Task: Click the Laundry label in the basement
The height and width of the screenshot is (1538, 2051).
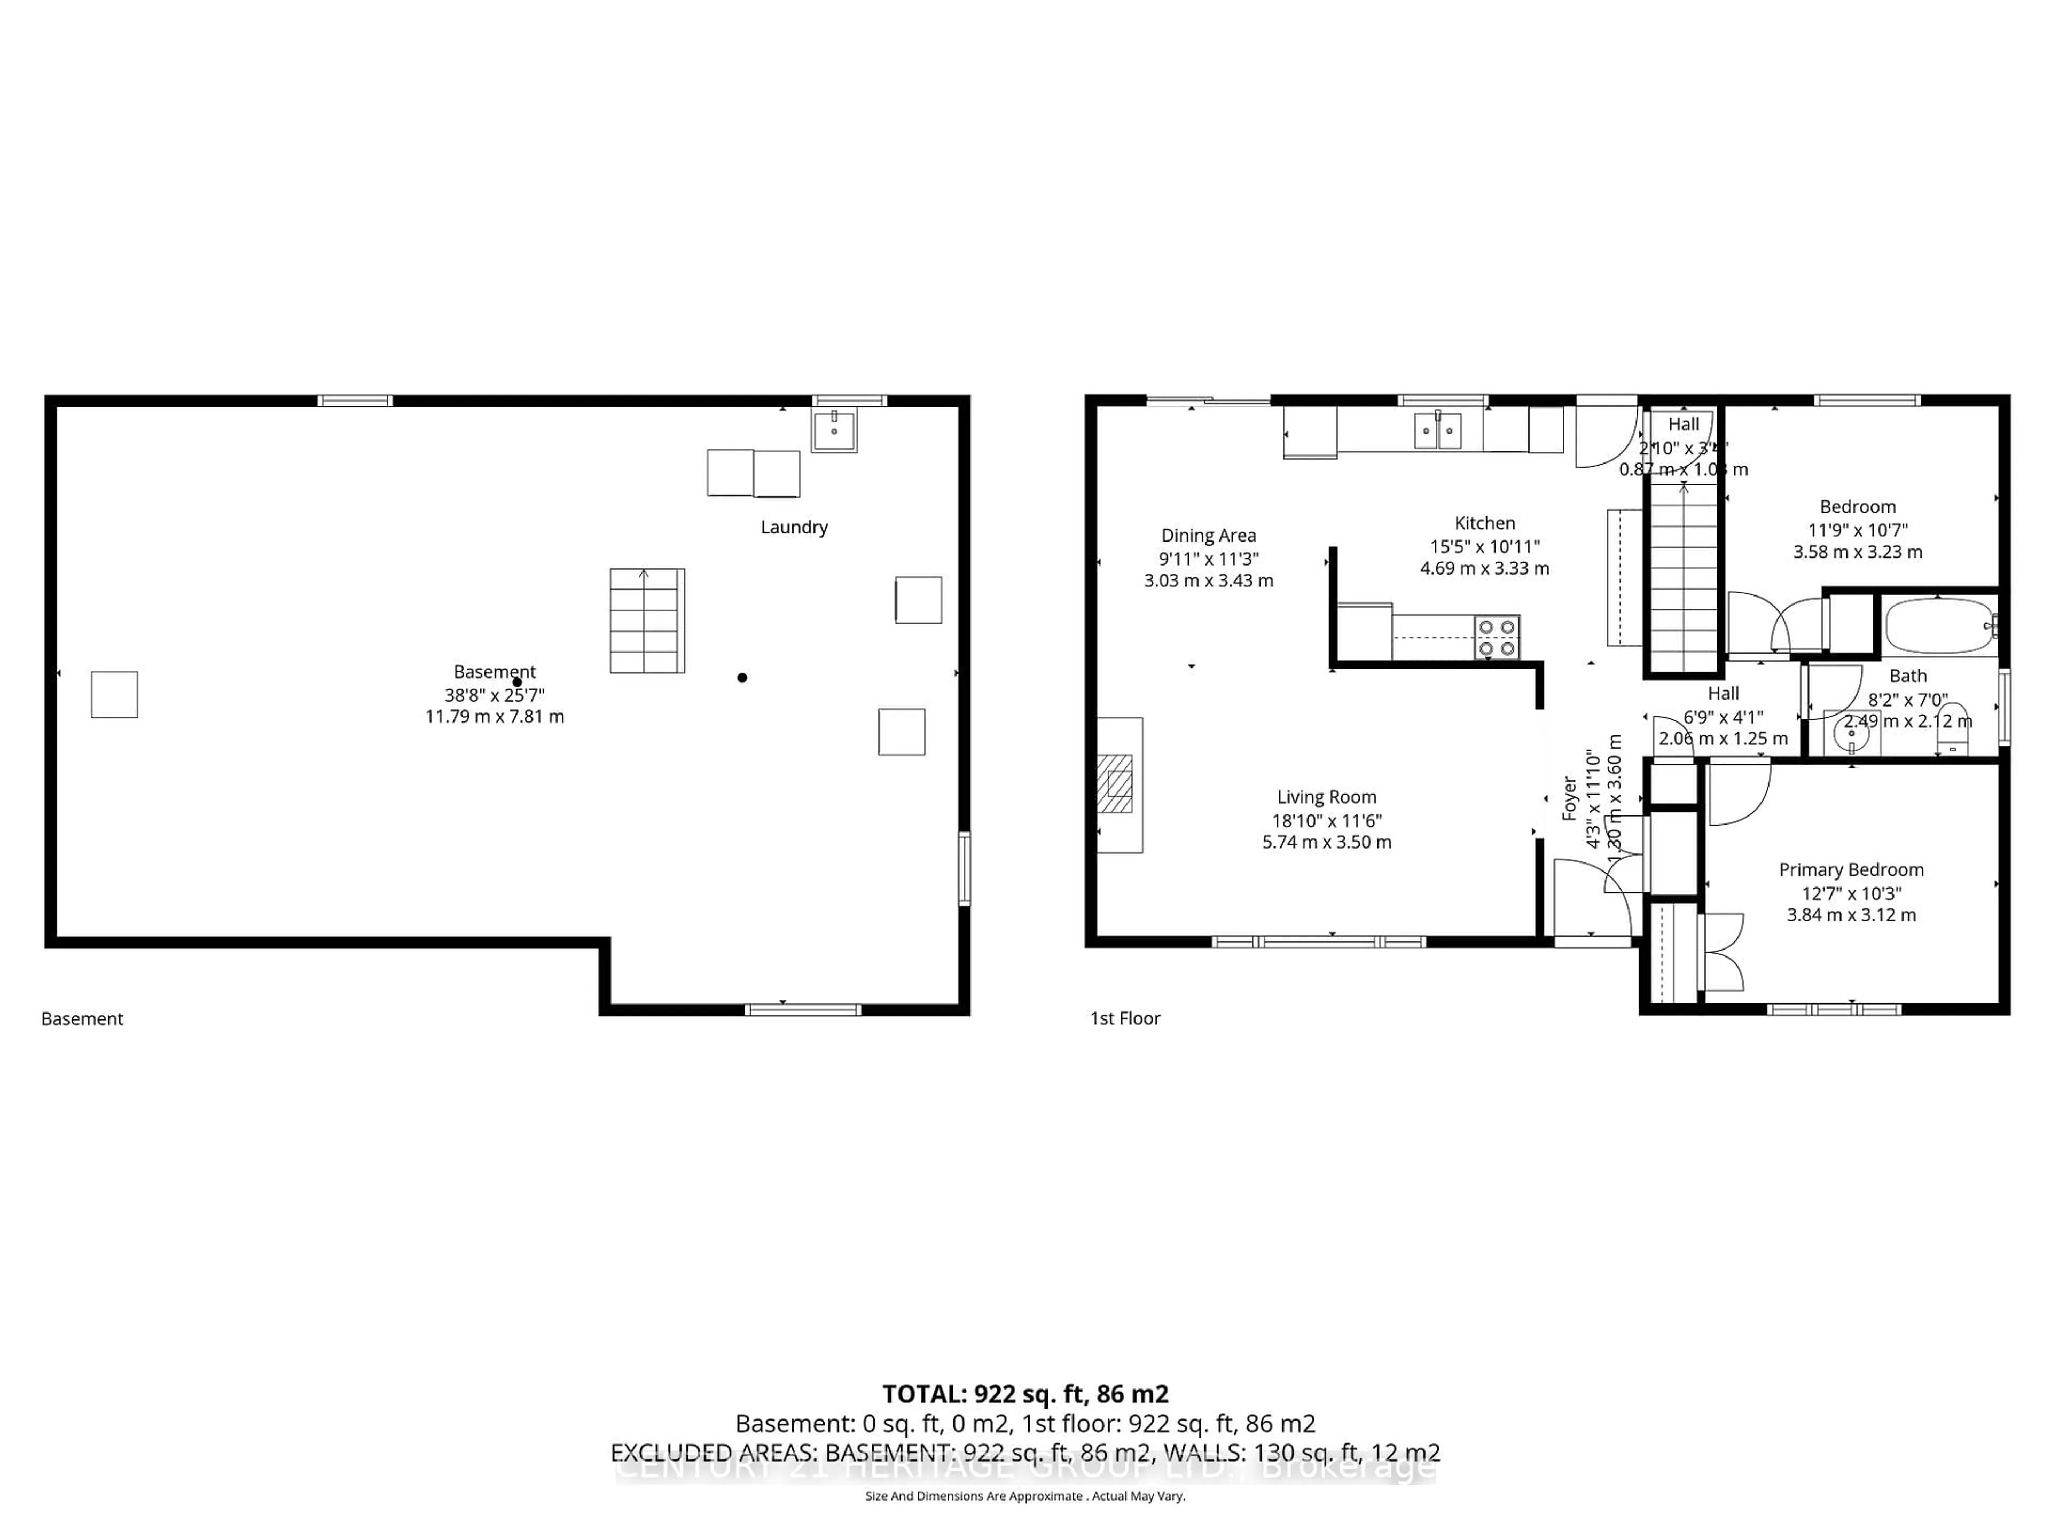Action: (794, 527)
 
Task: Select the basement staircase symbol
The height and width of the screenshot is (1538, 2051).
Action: (646, 620)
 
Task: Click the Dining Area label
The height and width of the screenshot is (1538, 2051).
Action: (1208, 535)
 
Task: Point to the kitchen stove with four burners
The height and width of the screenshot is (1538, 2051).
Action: (1497, 637)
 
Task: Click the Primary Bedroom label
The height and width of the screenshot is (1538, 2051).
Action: (1851, 869)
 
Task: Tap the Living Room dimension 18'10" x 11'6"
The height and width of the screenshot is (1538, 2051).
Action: (1326, 820)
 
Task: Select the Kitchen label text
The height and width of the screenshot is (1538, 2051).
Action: (1484, 523)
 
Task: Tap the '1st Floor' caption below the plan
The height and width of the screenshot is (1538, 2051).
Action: (1125, 1018)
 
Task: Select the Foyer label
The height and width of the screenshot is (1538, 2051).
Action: (1569, 798)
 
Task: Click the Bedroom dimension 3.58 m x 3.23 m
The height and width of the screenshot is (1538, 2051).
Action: (1857, 552)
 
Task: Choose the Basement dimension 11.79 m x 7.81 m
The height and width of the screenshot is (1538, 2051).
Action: (494, 717)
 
